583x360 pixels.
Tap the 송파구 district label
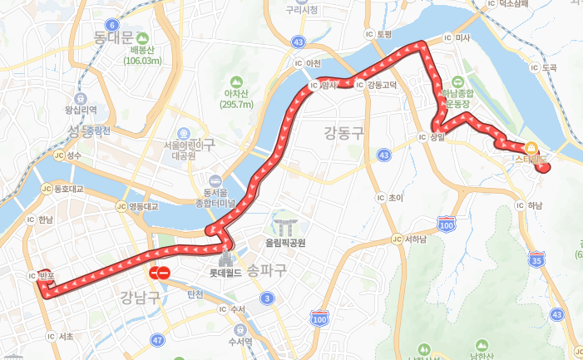point(267,269)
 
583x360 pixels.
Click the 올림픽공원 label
point(285,244)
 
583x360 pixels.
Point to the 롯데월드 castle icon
point(224,255)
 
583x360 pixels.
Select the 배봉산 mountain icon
point(141,38)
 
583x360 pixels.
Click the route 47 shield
point(158,340)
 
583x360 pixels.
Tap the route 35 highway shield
point(536,259)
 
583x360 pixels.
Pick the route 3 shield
point(267,298)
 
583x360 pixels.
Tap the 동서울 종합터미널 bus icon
point(216,179)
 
